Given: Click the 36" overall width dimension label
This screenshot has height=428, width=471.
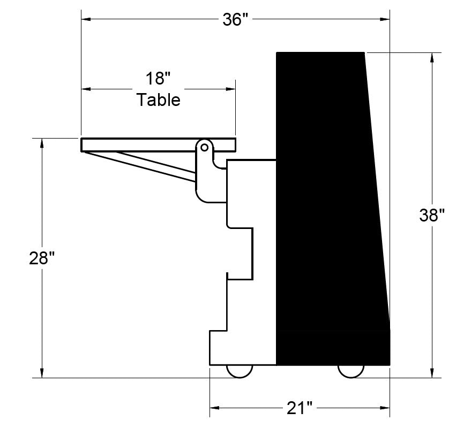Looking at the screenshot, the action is (x=236, y=20).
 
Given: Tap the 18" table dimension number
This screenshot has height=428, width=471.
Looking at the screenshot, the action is (x=158, y=79).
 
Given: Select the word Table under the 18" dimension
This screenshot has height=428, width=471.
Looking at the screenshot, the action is (x=159, y=100).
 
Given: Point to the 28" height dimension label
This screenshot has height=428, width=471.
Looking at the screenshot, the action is (x=42, y=258).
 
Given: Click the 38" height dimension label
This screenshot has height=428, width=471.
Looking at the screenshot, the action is (x=432, y=215).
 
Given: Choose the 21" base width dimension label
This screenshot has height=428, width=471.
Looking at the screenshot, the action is (x=300, y=408).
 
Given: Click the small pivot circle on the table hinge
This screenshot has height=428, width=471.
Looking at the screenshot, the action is (x=205, y=148).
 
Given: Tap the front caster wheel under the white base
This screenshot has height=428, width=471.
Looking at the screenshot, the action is (x=240, y=371).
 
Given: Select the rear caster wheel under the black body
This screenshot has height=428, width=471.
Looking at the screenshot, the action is (x=351, y=371).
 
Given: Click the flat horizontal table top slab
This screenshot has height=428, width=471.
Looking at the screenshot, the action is (x=158, y=145).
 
